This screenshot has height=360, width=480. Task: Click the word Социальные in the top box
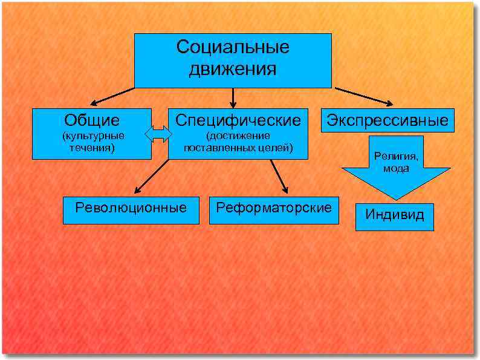(233, 47)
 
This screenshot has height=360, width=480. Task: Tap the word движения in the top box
(233, 69)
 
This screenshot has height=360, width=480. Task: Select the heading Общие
(92, 120)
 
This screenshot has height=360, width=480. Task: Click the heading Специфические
(238, 120)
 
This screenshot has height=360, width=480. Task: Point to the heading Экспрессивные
(388, 120)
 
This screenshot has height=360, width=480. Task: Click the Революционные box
(131, 208)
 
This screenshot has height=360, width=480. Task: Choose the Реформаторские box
(274, 208)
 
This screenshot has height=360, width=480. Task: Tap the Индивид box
(395, 214)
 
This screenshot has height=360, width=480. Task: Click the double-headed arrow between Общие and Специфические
(159, 134)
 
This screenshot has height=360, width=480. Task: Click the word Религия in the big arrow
(395, 156)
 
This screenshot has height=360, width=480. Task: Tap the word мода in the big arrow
(395, 168)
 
